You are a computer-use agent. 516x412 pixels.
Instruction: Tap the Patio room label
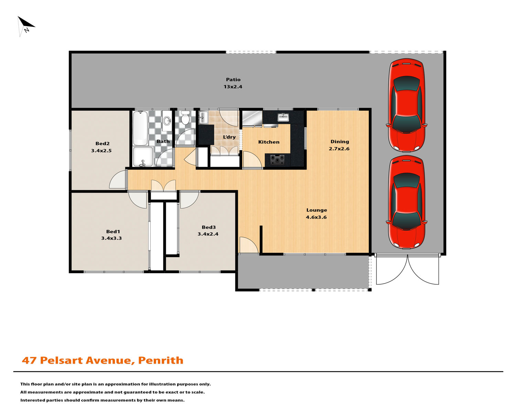tap(233, 79)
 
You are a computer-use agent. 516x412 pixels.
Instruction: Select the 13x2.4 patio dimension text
tap(233, 87)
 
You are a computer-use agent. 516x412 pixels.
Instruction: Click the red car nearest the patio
tap(406, 105)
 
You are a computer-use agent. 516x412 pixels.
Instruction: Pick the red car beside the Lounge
tap(406, 202)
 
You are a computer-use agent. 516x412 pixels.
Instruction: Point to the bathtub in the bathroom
tap(140, 128)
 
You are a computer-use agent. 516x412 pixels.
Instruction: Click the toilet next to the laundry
tap(185, 117)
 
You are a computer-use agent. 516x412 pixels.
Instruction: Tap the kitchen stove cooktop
tap(277, 160)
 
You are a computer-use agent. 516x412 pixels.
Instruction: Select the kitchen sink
tap(283, 117)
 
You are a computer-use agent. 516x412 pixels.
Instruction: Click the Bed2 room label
tap(103, 144)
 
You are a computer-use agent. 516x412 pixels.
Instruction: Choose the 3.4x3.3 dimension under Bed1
tap(111, 238)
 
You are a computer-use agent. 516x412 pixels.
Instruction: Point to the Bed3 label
tap(208, 227)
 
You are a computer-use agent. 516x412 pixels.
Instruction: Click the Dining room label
tap(340, 142)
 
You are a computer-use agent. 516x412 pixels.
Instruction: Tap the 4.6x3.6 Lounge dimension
tap(316, 217)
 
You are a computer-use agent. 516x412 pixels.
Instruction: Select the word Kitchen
tap(269, 142)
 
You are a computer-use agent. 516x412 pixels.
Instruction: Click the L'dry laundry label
tap(229, 137)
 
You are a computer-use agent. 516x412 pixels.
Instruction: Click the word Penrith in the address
tap(161, 360)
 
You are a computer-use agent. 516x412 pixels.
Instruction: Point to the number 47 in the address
tap(29, 360)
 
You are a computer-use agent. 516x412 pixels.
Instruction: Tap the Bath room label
tap(163, 141)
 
